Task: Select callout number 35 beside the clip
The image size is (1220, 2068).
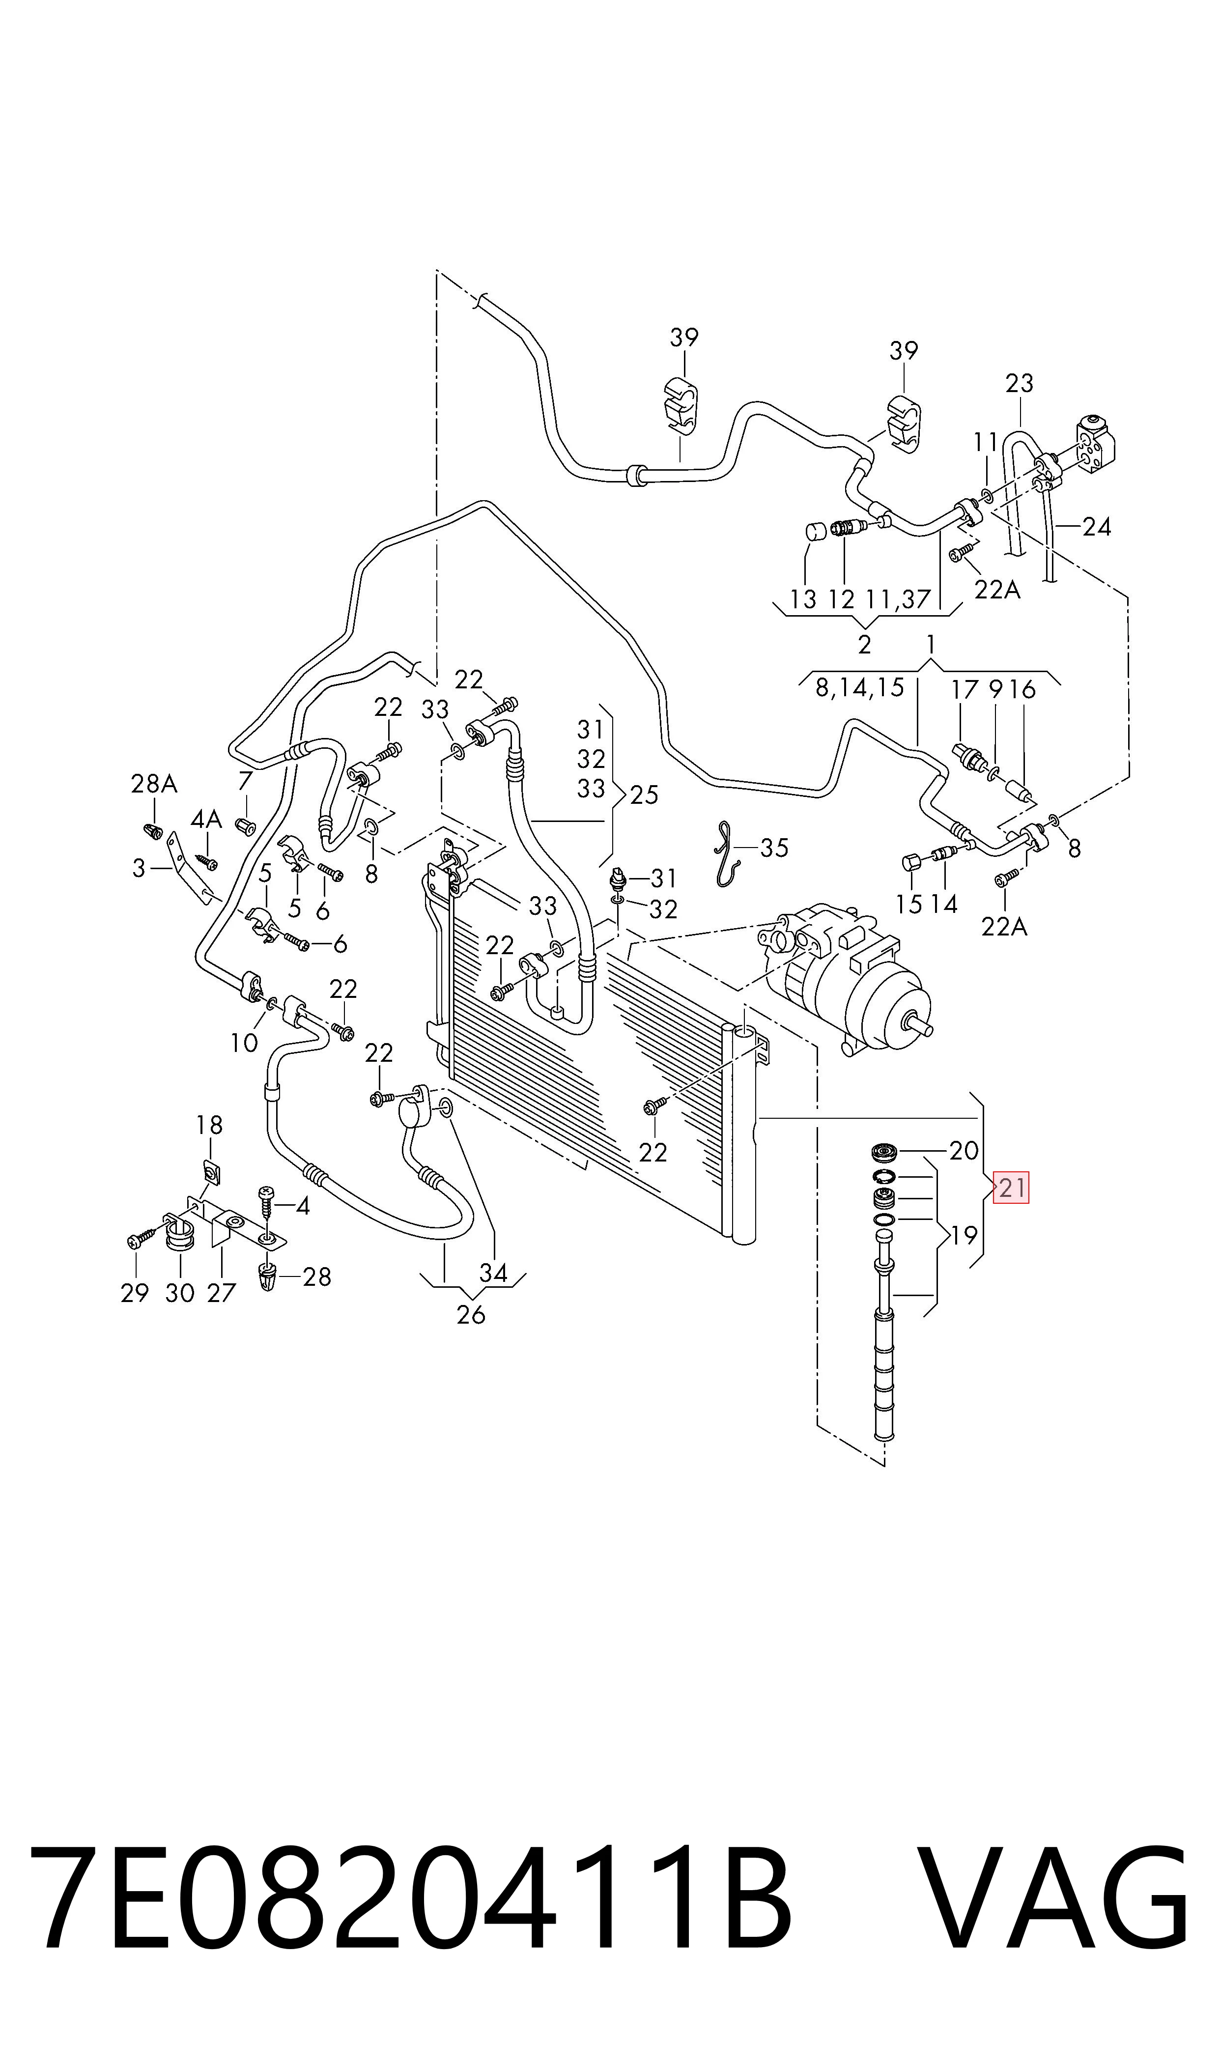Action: coord(773,848)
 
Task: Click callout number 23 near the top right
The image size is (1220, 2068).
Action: coord(1020,383)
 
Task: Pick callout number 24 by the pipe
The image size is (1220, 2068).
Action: coord(1097,526)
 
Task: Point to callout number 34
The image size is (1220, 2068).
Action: coord(493,1273)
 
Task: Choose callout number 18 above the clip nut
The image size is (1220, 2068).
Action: coord(210,1125)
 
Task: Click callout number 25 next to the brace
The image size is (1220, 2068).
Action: coord(645,795)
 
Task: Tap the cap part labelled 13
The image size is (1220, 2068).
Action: coord(816,530)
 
